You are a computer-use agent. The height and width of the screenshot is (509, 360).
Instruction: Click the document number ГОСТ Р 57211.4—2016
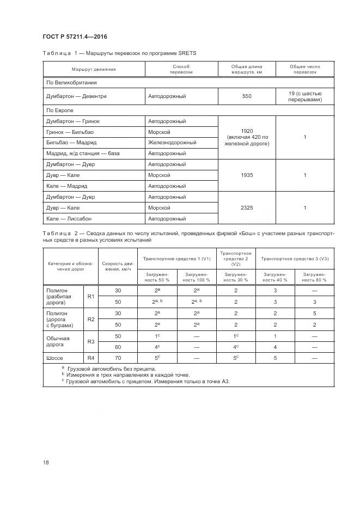tap(75, 36)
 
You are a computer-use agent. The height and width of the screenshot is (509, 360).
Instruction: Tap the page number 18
tap(45, 462)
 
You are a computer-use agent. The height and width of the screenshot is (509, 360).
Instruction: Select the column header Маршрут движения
tap(94, 70)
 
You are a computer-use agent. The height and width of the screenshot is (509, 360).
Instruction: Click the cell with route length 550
tap(247, 96)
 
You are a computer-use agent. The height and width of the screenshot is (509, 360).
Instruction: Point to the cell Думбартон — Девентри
tap(76, 96)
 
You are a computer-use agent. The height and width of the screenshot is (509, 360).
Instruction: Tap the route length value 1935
tap(247, 175)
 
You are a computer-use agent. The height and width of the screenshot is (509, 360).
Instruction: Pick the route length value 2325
tap(247, 208)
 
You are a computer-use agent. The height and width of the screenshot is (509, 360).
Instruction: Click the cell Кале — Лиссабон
tap(70, 219)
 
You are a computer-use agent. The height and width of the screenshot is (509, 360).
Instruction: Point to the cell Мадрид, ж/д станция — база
tap(83, 154)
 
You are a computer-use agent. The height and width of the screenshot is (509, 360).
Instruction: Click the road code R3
tap(91, 341)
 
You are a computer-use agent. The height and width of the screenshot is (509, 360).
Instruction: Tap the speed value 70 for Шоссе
tap(118, 358)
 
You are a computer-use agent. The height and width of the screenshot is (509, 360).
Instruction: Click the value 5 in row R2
tap(314, 313)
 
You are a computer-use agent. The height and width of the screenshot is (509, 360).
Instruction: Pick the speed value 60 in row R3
tap(118, 347)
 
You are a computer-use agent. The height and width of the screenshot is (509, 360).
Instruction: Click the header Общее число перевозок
tap(304, 70)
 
